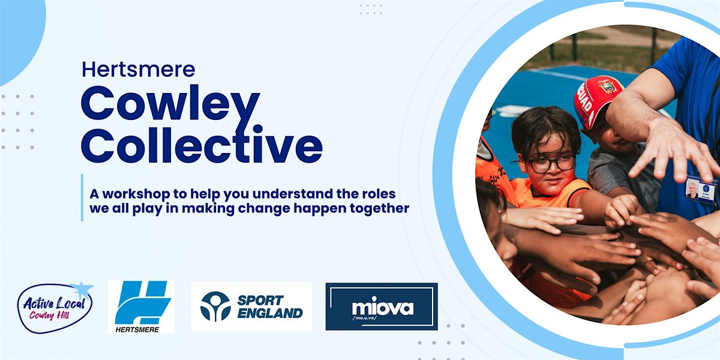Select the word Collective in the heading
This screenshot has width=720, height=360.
(x=202, y=145)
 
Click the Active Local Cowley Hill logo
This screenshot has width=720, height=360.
(x=55, y=307)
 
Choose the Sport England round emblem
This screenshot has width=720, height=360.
(x=215, y=307)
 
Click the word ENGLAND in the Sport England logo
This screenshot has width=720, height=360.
(x=269, y=313)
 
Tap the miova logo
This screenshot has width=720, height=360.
(x=382, y=307)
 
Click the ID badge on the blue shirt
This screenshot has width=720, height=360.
(x=701, y=191)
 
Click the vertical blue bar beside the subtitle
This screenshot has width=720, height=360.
(x=82, y=198)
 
